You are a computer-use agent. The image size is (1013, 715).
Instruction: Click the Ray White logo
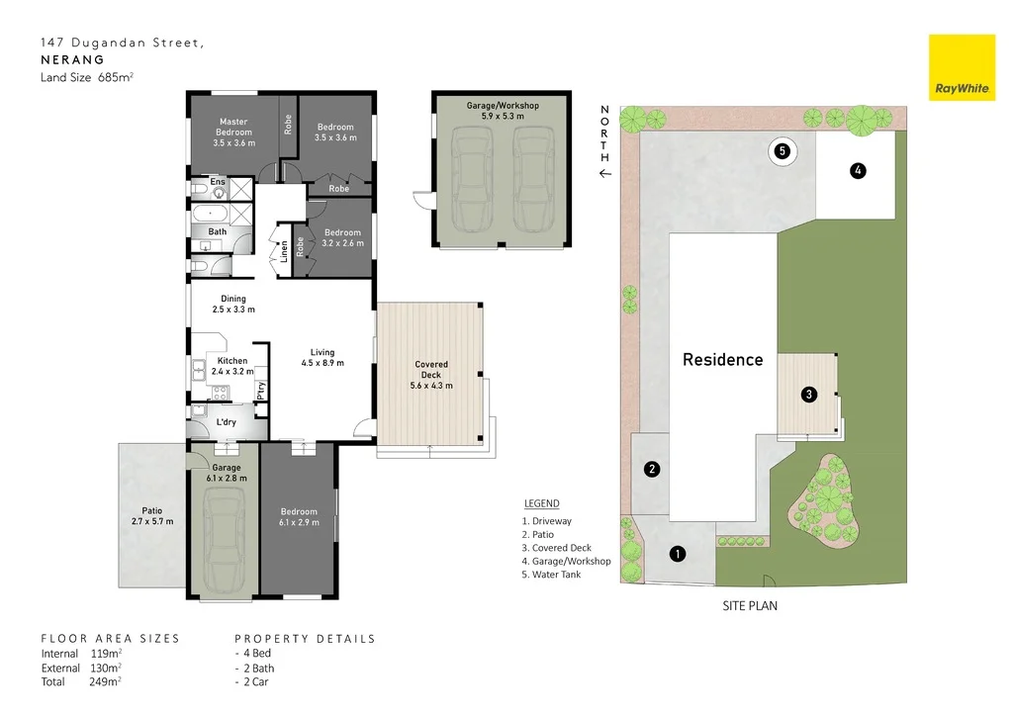(962, 68)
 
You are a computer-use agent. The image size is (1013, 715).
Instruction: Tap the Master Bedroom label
(233, 133)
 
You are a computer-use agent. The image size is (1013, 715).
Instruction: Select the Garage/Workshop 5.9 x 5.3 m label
(502, 111)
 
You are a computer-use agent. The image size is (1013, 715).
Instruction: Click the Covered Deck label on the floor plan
(431, 375)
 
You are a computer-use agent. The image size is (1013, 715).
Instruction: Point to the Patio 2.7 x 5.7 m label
(151, 516)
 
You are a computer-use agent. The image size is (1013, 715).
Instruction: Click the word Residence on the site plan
(722, 360)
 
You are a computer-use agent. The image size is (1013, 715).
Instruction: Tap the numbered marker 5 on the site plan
(783, 151)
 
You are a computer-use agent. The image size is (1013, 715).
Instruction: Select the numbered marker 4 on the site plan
(858, 171)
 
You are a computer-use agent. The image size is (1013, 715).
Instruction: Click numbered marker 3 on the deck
(809, 395)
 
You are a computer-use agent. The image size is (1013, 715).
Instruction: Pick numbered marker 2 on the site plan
(652, 469)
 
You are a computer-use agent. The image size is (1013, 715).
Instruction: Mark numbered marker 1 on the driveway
(677, 554)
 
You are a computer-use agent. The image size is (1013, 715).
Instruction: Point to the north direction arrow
(605, 173)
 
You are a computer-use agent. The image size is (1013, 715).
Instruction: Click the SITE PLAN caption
(749, 606)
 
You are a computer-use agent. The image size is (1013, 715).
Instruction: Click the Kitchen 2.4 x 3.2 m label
(232, 367)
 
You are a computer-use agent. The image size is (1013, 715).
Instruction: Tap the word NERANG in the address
(72, 59)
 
